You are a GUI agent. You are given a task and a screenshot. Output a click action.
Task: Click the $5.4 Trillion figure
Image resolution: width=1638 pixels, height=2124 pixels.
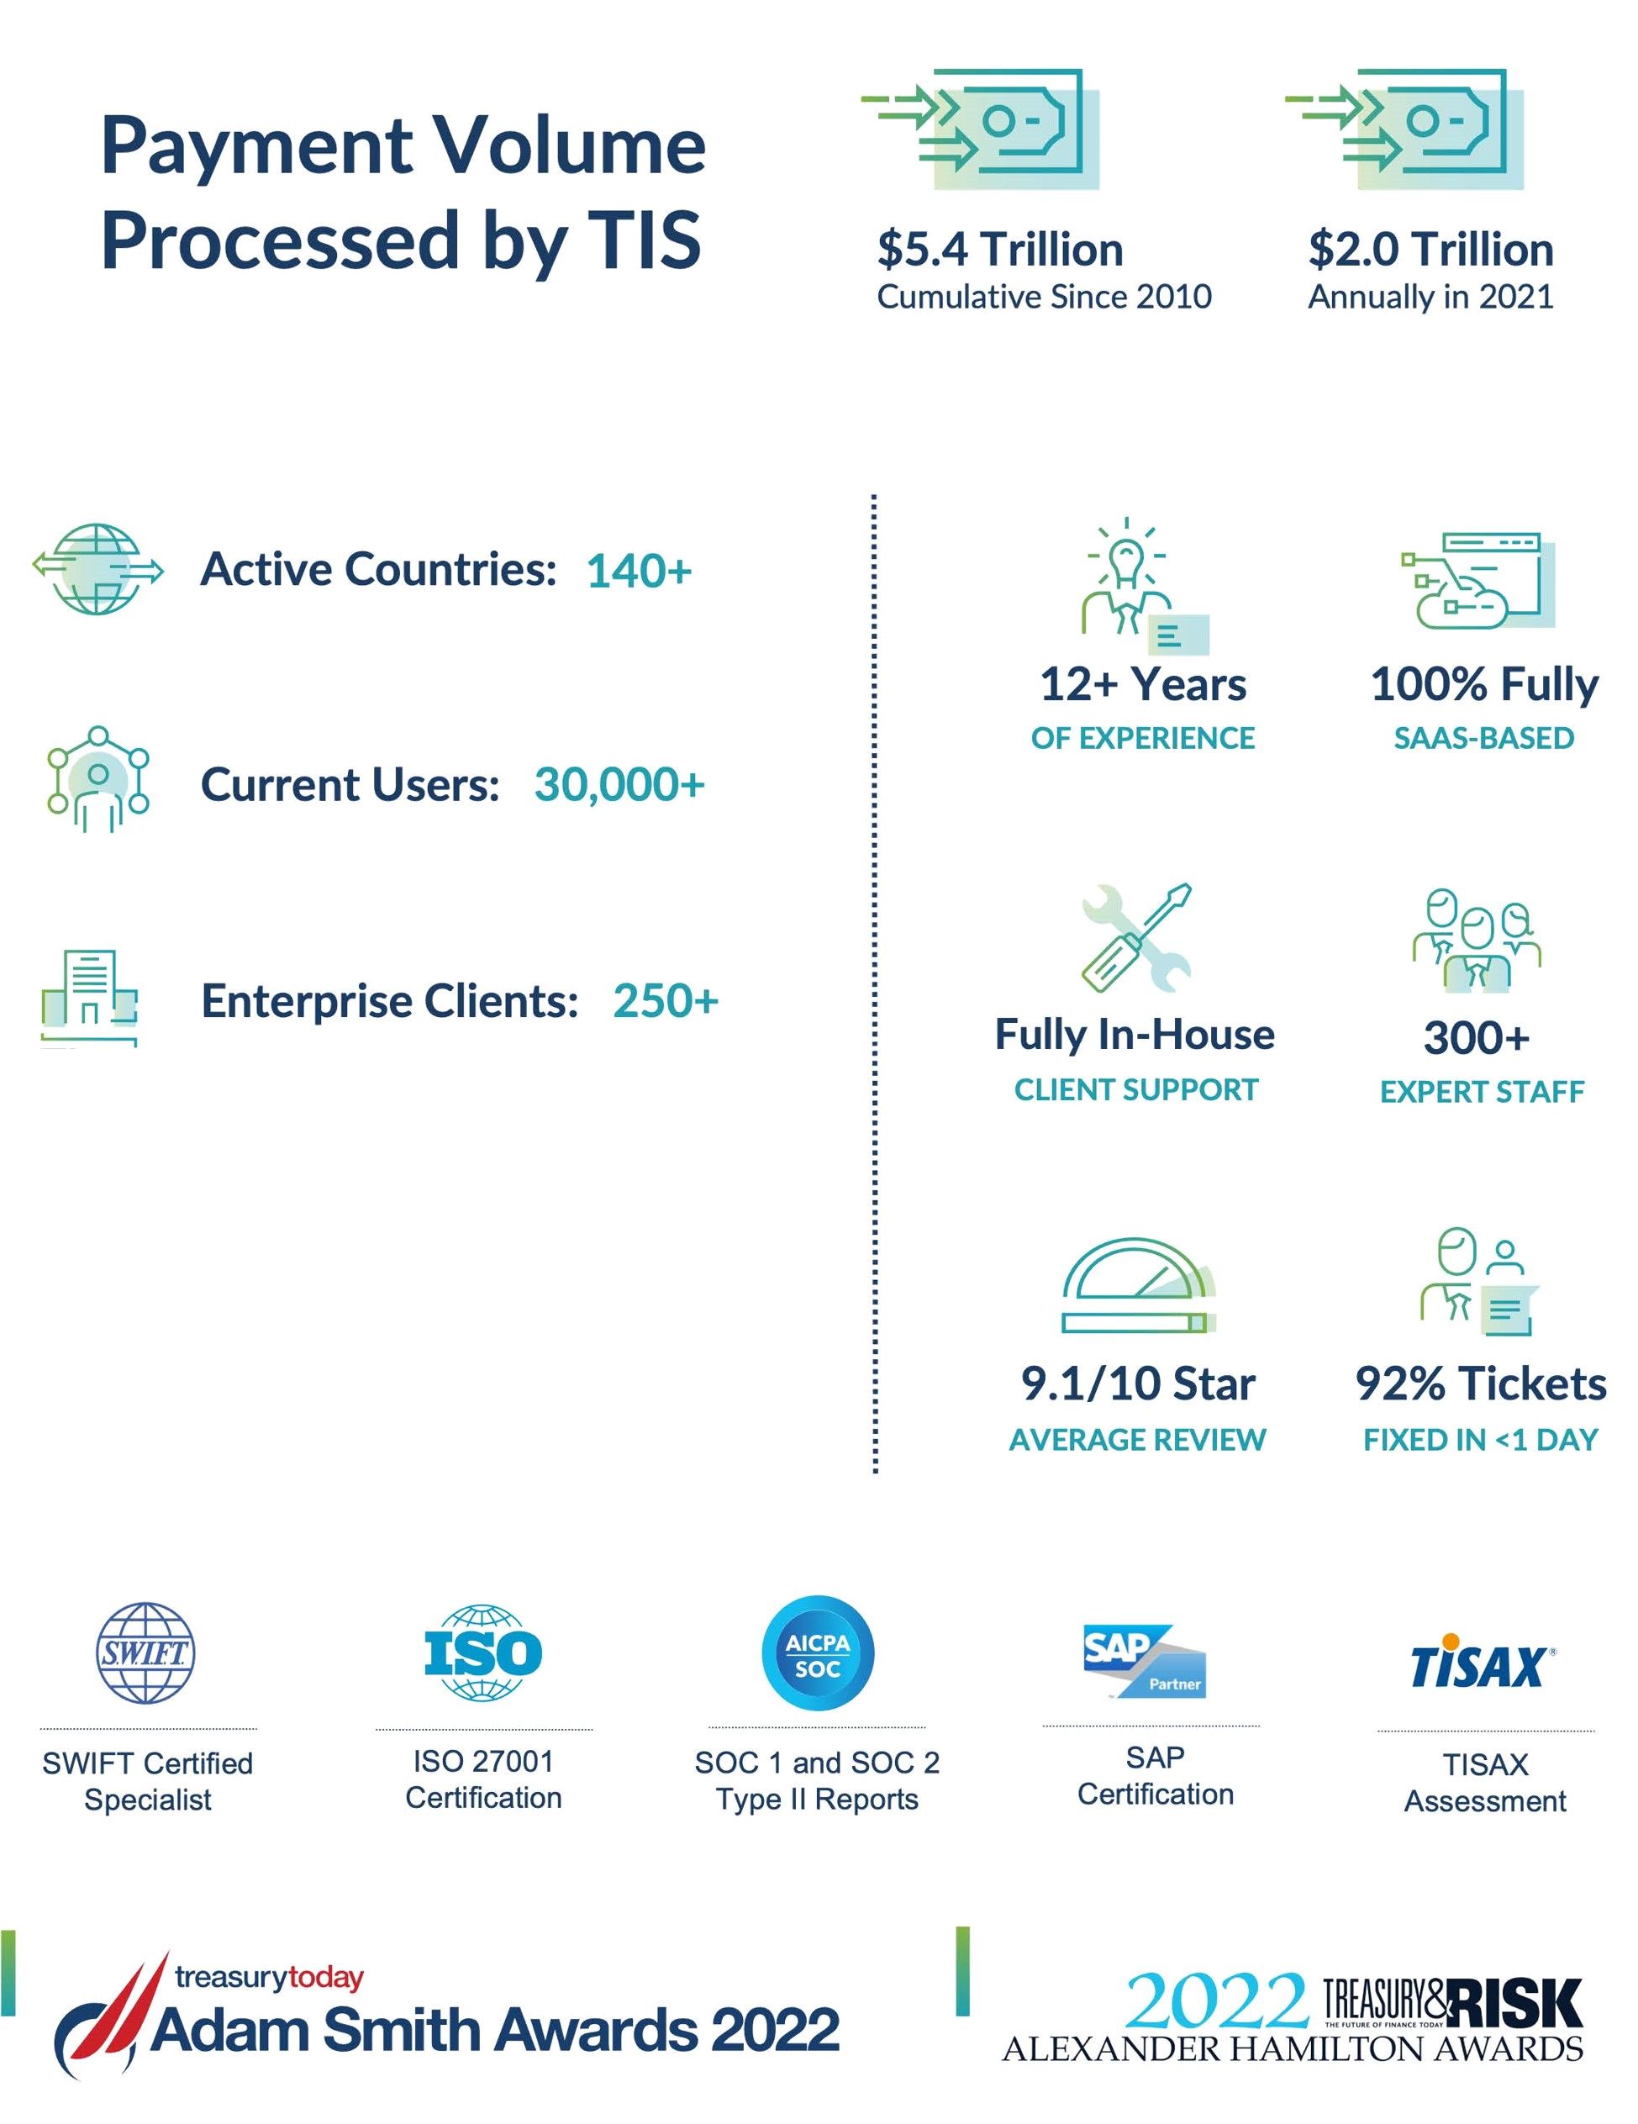(x=1000, y=249)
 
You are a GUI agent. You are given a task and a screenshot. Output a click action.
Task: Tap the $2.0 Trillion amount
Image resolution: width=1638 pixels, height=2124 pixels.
(x=1430, y=249)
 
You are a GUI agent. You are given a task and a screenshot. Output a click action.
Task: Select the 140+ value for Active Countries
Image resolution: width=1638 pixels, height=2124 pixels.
(x=639, y=571)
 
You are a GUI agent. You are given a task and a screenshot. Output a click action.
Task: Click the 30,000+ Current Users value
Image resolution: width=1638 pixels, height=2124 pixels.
(x=619, y=785)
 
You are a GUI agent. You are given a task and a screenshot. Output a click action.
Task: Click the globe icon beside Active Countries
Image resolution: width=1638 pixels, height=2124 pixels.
(x=97, y=569)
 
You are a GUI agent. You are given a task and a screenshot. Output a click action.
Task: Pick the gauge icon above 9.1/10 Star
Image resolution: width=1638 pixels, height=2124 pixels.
(x=1137, y=1286)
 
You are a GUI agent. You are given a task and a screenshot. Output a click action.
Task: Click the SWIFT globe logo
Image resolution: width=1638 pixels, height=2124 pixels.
(x=146, y=1653)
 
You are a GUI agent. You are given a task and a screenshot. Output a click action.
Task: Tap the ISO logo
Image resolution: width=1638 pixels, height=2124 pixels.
(x=483, y=1653)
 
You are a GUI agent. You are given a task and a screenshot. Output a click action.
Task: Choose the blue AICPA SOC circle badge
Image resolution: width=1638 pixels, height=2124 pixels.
(x=817, y=1653)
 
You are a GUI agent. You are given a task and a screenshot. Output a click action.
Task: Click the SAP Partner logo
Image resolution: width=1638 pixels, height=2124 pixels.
(x=1144, y=1661)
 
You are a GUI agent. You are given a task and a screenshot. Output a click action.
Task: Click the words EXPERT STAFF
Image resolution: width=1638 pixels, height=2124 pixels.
(x=1482, y=1092)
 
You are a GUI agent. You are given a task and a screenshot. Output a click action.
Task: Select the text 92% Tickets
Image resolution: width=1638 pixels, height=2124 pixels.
(x=1481, y=1383)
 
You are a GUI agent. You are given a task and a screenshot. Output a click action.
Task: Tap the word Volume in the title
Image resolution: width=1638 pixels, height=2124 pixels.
(x=569, y=146)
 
